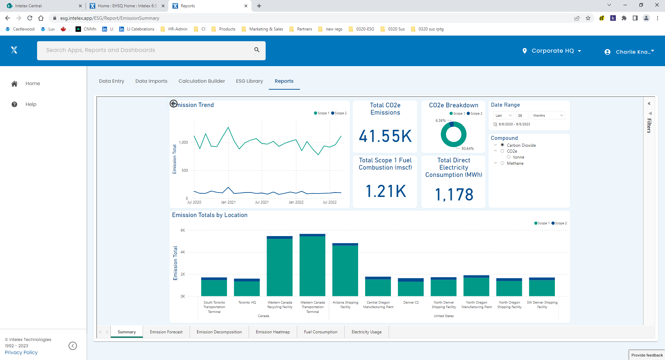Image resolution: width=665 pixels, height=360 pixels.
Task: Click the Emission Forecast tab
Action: point(166,332)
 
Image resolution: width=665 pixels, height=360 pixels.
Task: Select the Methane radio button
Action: point(502,163)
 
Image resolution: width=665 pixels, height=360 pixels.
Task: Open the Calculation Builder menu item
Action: point(202,81)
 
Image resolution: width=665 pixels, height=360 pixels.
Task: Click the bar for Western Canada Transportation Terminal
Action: point(312,265)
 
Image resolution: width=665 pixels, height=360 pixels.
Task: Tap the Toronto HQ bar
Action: point(247,288)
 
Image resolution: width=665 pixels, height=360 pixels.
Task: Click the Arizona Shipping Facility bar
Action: point(345,270)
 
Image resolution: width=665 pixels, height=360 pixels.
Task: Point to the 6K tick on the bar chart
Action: point(183,230)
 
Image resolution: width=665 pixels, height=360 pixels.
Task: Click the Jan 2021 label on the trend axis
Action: point(228,202)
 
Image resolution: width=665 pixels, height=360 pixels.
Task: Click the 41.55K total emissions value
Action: point(385,136)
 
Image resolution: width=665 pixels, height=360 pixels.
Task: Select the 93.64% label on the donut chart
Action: point(467,148)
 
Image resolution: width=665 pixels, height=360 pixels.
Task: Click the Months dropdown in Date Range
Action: point(548,116)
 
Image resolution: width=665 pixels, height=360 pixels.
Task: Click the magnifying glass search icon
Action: point(257,50)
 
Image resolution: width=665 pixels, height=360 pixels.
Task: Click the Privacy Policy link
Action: point(21,352)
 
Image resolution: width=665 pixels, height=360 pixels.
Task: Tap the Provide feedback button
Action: point(647,355)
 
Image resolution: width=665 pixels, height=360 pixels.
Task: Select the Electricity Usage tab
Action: point(366,332)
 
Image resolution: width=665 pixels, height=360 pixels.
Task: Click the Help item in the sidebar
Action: point(31,104)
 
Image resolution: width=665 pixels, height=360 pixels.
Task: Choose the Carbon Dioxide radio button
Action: point(502,145)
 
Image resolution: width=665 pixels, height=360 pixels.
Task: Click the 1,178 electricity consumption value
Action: point(454,195)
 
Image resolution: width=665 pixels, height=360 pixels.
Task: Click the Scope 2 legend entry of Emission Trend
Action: point(339,113)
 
